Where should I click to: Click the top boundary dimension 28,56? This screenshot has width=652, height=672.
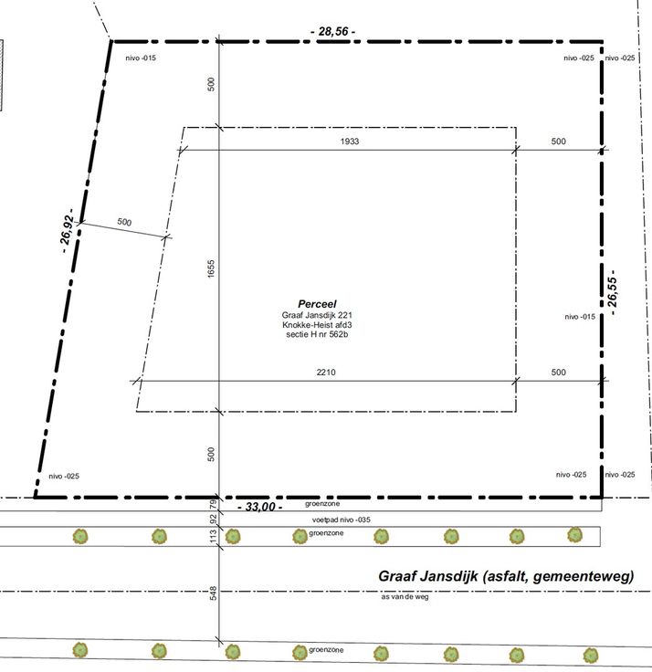[332, 32]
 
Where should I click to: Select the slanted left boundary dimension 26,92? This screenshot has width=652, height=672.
[67, 231]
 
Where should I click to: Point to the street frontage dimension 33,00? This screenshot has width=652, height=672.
[260, 507]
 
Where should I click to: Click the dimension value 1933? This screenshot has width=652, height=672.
[350, 142]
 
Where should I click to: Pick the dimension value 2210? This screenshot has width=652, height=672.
[326, 372]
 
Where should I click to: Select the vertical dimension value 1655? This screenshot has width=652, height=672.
[211, 268]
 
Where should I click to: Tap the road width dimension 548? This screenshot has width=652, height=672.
[213, 593]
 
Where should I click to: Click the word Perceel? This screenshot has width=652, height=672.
[317, 304]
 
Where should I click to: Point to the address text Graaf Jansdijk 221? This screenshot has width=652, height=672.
[317, 315]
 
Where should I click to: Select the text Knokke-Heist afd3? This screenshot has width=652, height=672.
[317, 324]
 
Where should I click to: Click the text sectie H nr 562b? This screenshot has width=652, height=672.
[317, 334]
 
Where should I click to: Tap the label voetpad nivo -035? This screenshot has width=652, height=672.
[342, 520]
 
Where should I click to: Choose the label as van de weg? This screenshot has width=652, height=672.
[405, 596]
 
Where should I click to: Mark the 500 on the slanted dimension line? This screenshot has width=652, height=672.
[124, 222]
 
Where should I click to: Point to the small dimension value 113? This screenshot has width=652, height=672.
[213, 535]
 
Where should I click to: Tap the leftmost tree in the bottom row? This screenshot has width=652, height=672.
[79, 650]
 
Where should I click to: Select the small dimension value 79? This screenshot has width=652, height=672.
[213, 504]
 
